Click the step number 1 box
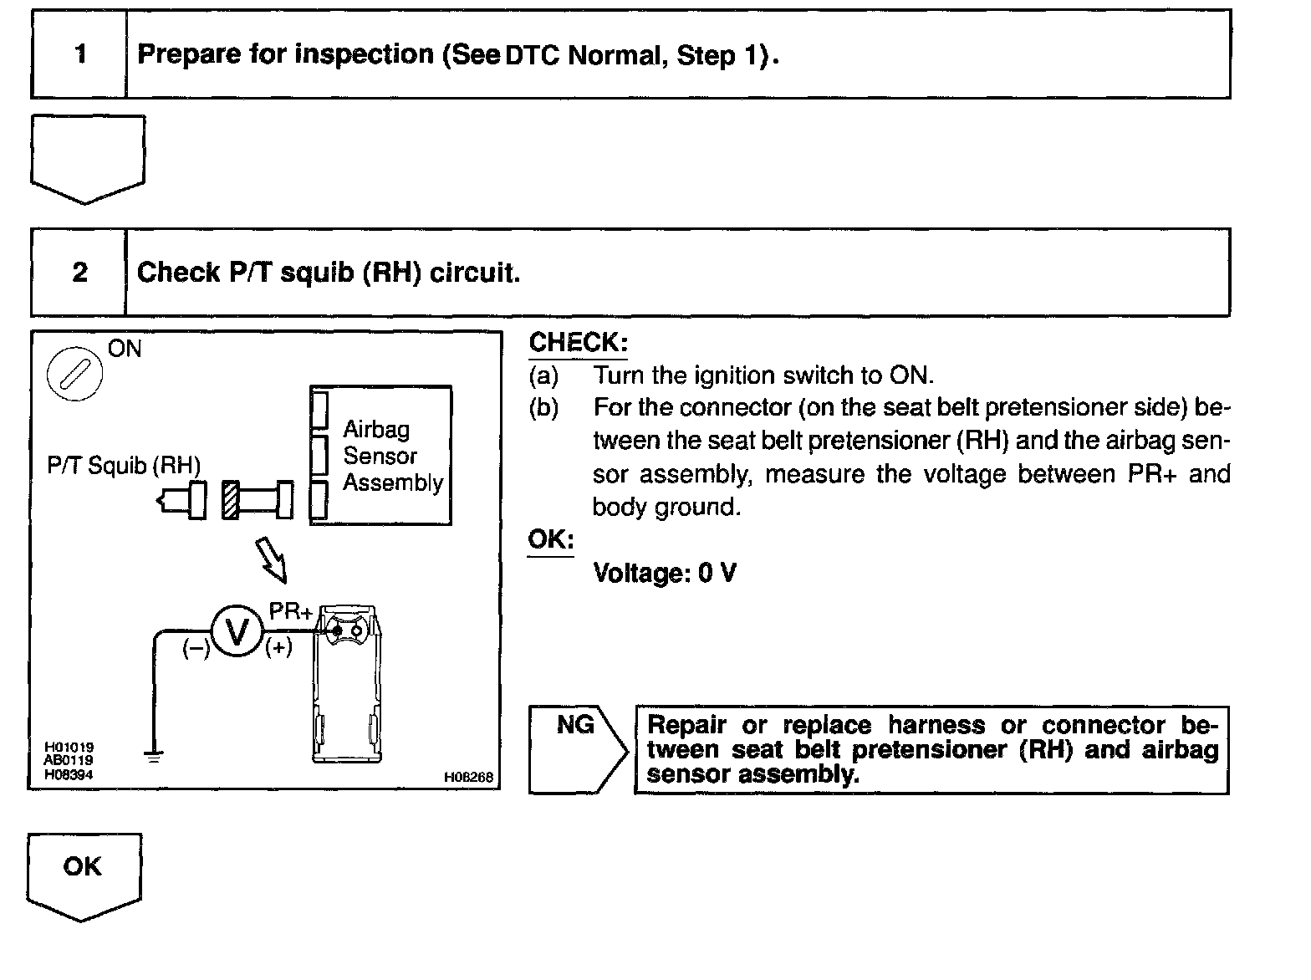coord(79,54)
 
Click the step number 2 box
coord(79,273)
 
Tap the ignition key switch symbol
coord(74,373)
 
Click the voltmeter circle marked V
coord(237,631)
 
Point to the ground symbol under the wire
coord(154,757)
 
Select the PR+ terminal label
coord(290,611)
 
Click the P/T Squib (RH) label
coord(124,465)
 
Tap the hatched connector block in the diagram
coord(231,500)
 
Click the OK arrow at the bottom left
coord(83,874)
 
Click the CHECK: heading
coord(578,342)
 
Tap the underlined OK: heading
coord(550,539)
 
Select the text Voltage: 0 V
coord(665,573)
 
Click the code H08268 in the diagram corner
coord(468,777)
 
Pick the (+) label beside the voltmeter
coord(278,648)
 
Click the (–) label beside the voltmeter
coord(196,649)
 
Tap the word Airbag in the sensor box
coord(376,429)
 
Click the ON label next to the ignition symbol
coord(125,349)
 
